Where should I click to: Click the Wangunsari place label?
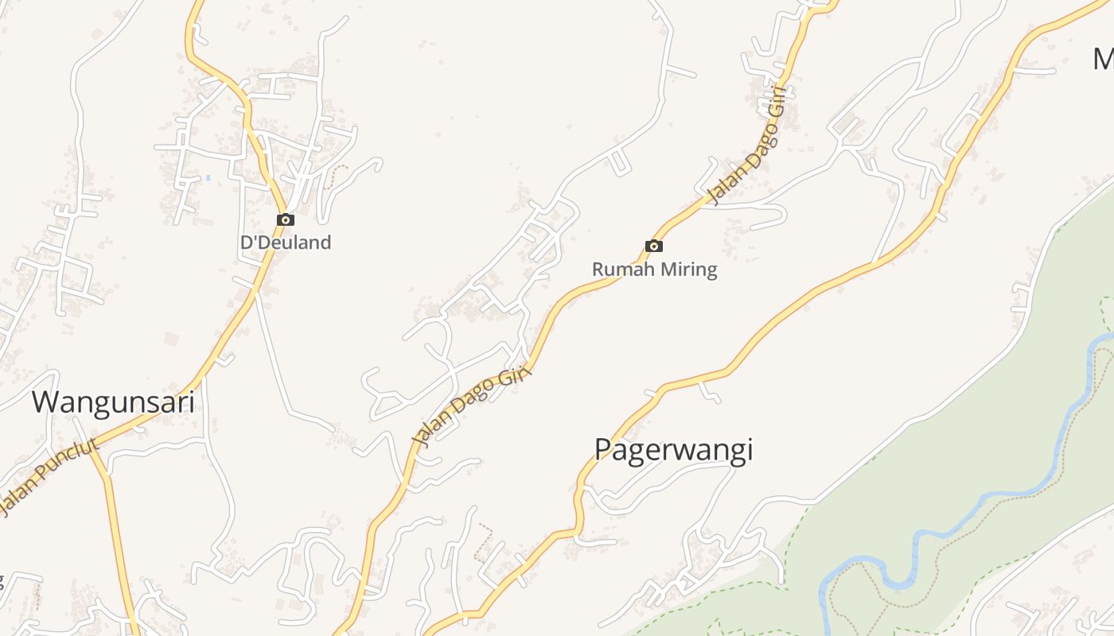[113, 401]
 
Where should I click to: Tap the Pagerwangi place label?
[673, 450]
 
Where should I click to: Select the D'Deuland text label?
[286, 242]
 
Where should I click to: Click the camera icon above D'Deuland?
[286, 220]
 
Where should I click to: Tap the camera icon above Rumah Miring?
[654, 246]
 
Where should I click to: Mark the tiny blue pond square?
[208, 177]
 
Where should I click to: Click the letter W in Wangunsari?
[45, 401]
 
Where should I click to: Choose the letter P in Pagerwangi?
[604, 450]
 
